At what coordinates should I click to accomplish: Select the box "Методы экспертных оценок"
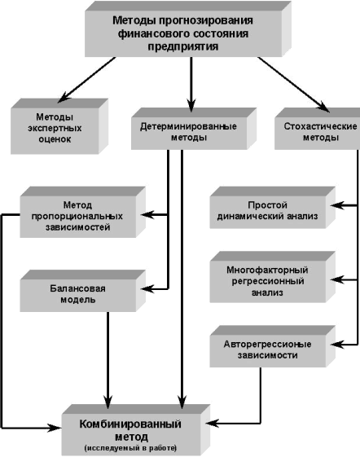tap(59, 126)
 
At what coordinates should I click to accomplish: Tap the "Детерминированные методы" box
tap(194, 129)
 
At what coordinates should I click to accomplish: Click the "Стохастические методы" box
tap(318, 129)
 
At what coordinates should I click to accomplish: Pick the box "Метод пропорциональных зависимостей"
tap(82, 212)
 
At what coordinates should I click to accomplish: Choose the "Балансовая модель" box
tap(82, 291)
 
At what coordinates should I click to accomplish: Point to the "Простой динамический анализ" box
tap(272, 208)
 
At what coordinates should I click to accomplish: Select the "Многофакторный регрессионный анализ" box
tap(272, 277)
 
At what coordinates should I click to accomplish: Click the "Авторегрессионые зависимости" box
tap(272, 346)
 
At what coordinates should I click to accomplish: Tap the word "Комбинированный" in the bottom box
tap(130, 424)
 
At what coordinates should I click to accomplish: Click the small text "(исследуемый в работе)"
tap(130, 448)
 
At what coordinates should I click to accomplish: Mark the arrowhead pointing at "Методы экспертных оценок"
tap(64, 97)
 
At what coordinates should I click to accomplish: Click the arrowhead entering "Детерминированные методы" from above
tap(191, 106)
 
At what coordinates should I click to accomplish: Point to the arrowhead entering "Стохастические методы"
tap(323, 107)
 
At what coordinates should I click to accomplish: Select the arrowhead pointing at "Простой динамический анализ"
tap(337, 205)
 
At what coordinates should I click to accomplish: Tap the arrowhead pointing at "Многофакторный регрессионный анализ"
tap(337, 279)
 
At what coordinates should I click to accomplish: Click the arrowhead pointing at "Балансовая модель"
tap(147, 289)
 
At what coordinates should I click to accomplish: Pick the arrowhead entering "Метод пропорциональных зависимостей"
tap(147, 215)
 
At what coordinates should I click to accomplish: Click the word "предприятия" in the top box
tap(183, 46)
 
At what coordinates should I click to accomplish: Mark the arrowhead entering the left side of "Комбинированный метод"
tap(55, 428)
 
